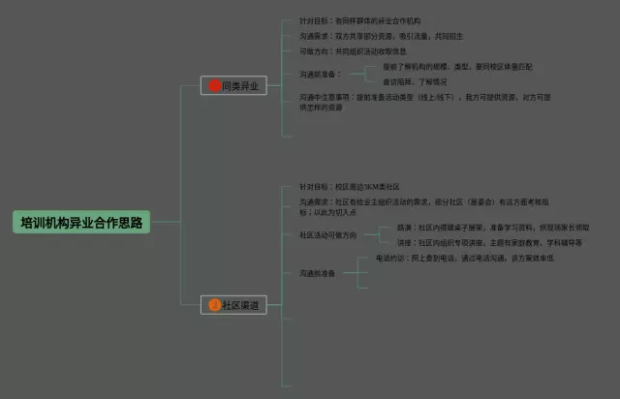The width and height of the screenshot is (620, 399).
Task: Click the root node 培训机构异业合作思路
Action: coord(82,222)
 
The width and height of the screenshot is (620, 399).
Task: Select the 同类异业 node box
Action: coord(232,86)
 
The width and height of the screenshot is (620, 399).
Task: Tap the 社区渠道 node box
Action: coord(232,305)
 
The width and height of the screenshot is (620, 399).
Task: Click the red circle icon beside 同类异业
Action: coord(215,86)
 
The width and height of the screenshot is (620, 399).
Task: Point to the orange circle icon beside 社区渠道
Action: coord(215,305)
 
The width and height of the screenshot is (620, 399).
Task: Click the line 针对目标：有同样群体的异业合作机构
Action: coord(362,20)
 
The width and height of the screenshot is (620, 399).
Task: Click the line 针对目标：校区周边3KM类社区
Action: coord(350,186)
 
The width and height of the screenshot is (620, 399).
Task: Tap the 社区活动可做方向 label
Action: coord(328,235)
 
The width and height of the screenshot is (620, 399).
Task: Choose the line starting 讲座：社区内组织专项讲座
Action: coord(489,243)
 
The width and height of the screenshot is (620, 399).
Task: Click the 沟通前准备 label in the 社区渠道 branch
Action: coord(319,273)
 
